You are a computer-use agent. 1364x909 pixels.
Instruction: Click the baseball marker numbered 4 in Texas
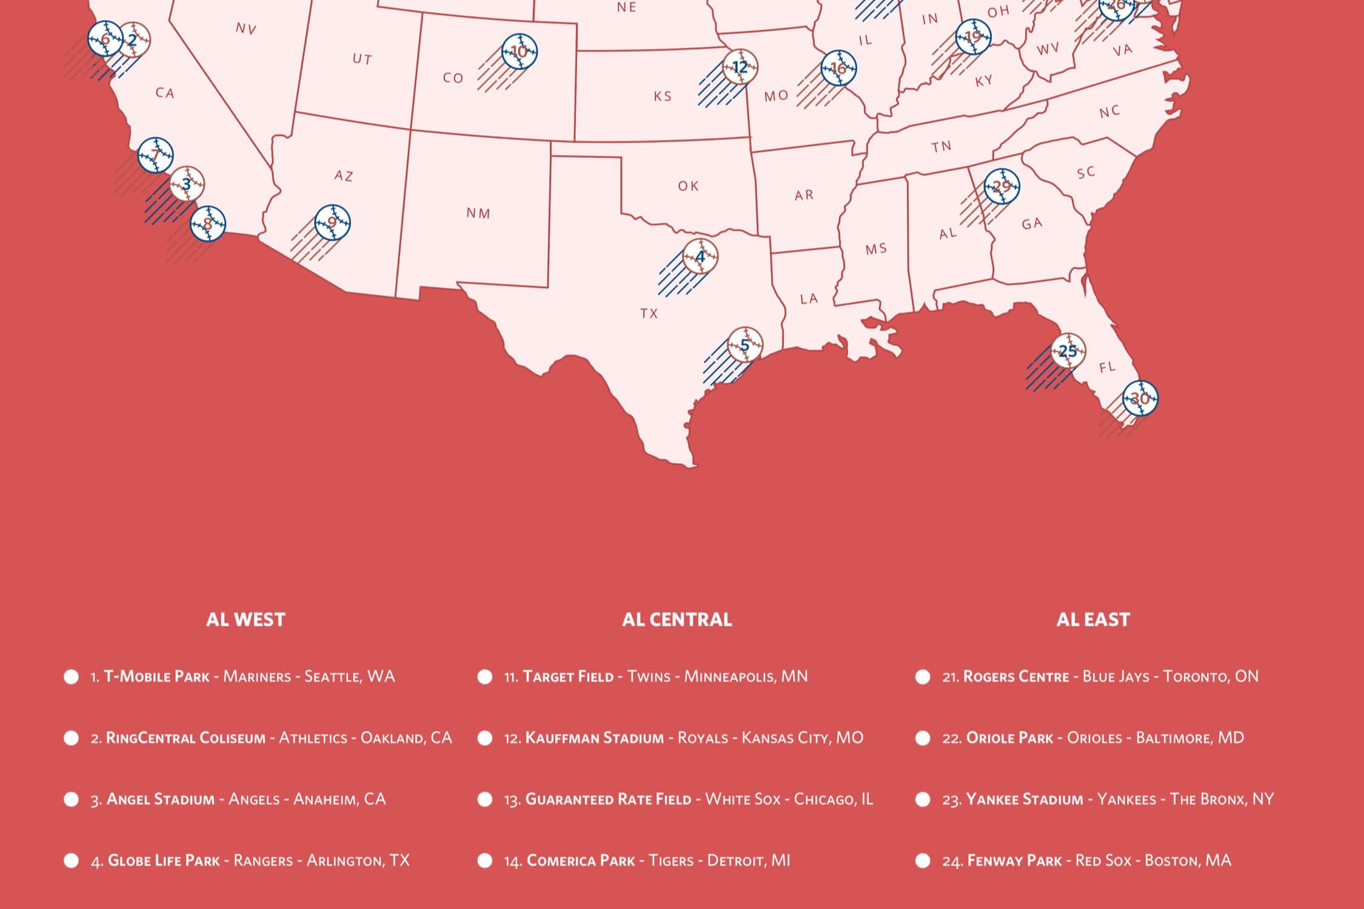pos(700,256)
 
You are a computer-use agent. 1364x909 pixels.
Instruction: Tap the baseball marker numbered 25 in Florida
pos(1068,351)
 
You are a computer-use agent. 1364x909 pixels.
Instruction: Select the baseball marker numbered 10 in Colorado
pos(520,52)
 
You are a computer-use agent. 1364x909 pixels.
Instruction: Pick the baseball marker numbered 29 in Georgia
pos(1001,186)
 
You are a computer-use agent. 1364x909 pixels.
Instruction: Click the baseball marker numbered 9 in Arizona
pos(332,222)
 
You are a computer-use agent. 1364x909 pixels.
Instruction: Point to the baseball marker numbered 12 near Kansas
pos(740,67)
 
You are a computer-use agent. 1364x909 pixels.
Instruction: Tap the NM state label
pos(478,213)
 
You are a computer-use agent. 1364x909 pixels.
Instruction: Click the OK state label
pos(688,186)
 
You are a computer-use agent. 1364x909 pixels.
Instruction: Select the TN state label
pos(941,147)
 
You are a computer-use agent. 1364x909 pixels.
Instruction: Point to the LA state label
pos(809,299)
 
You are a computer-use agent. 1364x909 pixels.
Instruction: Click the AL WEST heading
pos(246,619)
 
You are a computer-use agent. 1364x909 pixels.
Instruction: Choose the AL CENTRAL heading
pos(677,619)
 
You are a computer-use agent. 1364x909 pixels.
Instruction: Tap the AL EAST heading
pos(1093,619)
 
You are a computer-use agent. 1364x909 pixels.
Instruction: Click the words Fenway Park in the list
pos(1014,861)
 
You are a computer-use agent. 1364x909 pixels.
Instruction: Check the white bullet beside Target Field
pos(485,676)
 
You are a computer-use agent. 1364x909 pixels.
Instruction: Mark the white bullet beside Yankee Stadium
pos(923,799)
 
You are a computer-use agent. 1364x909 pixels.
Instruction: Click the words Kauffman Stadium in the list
pos(594,738)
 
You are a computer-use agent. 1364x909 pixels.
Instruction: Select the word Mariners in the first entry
pos(257,676)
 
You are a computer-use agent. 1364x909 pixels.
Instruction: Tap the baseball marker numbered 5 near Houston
pos(745,345)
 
